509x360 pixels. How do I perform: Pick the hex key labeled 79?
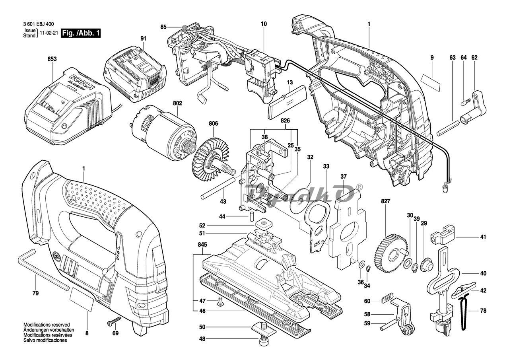(x=44, y=270)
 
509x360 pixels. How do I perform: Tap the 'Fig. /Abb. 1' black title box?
(x=80, y=33)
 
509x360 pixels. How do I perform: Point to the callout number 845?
(x=202, y=245)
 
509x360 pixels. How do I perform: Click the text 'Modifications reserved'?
(x=47, y=325)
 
